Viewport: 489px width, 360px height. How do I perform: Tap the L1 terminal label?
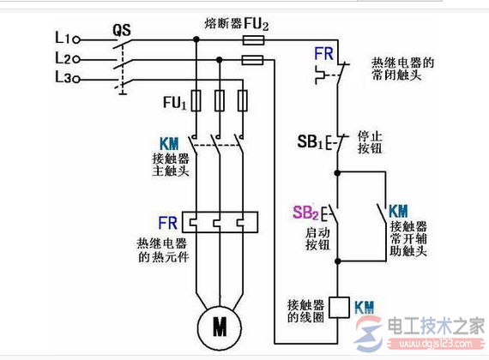coord(62,39)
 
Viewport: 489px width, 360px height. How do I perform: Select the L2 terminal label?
coord(62,59)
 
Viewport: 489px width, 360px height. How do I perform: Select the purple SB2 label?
coord(305,213)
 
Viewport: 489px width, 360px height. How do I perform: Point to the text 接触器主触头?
coord(169,165)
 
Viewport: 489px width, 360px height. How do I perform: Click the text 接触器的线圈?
coord(305,312)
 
